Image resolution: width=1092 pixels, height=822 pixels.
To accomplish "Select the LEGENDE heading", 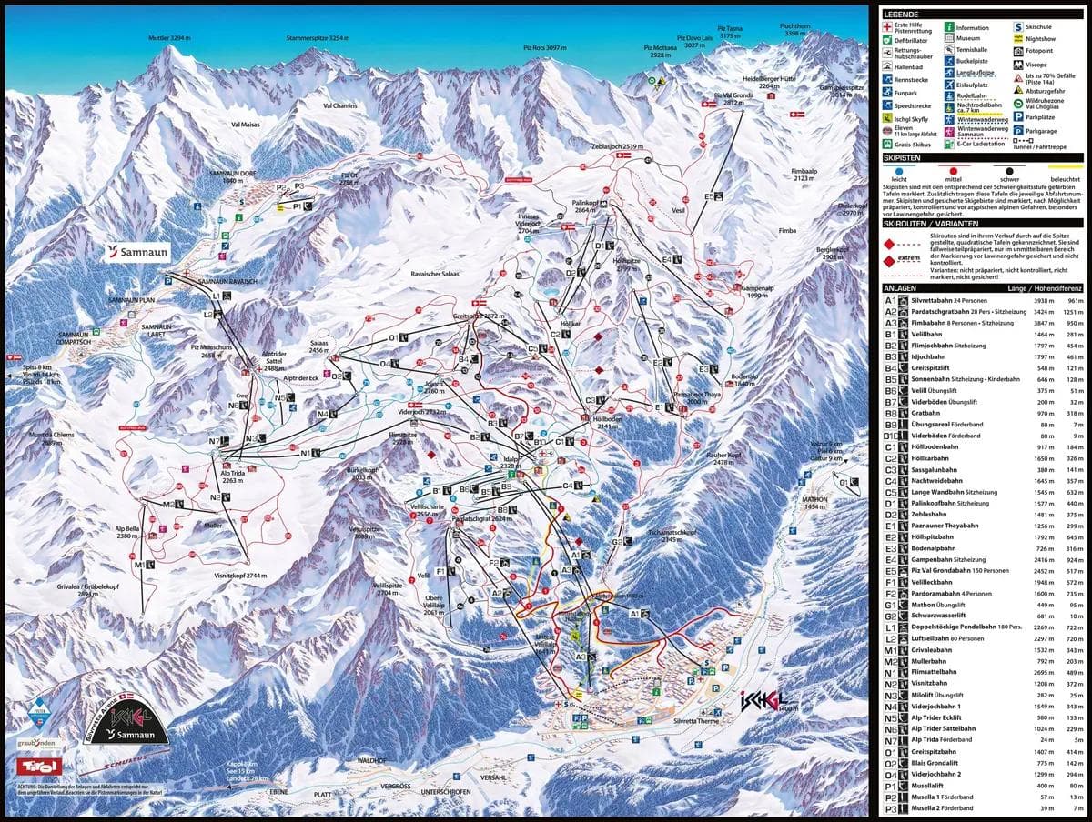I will click(x=901, y=15).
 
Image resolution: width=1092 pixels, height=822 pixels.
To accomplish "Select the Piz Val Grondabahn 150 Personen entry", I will click(x=959, y=570).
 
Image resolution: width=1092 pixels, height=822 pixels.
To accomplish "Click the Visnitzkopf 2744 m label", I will click(x=241, y=576).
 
